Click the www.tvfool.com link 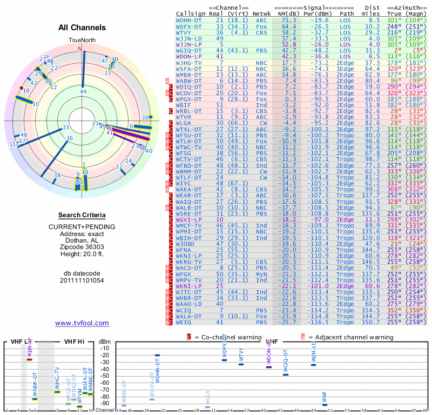coord(82,323)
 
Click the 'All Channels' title coord(82,28)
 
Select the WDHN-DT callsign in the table coord(189,19)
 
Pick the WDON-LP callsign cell coord(189,56)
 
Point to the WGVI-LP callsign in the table coord(189,220)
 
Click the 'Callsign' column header coord(191,13)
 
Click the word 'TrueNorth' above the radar coord(81,41)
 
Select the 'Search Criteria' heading coord(82,215)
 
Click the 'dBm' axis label coord(104,342)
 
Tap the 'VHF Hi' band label coord(75,342)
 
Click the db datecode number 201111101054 coord(82,280)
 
